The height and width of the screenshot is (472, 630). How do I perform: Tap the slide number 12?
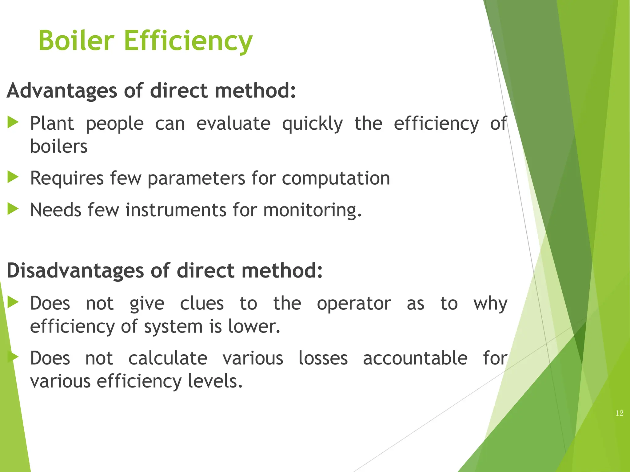[x=619, y=413]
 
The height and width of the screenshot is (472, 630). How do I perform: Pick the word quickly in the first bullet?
[x=312, y=124]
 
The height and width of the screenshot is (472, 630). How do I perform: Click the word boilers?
[x=59, y=147]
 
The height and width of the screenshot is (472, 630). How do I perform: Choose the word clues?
[x=202, y=304]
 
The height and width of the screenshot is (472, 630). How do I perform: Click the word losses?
[x=323, y=359]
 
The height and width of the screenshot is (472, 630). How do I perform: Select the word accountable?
[x=415, y=359]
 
